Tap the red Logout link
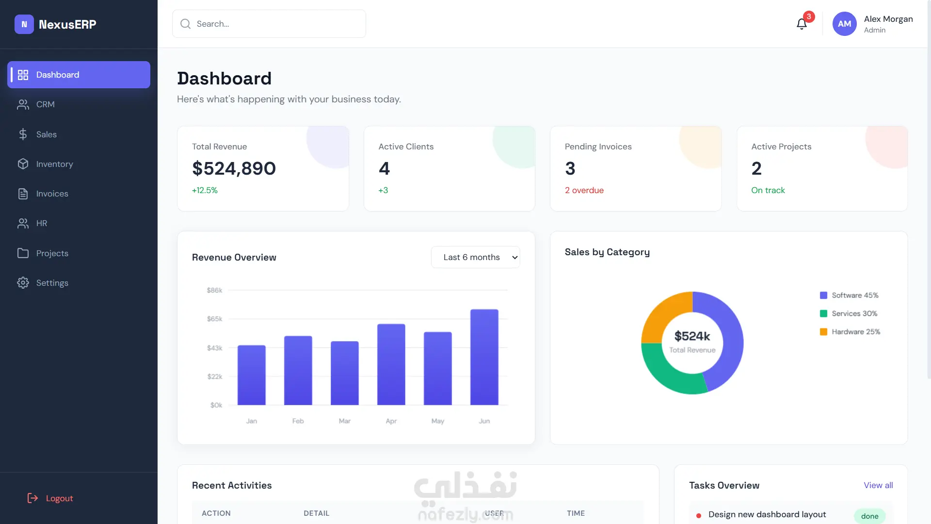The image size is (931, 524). pyautogui.click(x=50, y=498)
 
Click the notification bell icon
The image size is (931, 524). pyautogui.click(x=802, y=24)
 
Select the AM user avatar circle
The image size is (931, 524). pyautogui.click(x=844, y=24)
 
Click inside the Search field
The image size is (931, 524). pyautogui.click(x=269, y=24)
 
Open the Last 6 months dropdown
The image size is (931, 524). pyautogui.click(x=475, y=257)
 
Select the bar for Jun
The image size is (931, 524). pyautogui.click(x=484, y=357)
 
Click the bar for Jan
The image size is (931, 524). pyautogui.click(x=251, y=375)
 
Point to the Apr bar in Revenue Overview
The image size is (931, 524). pyautogui.click(x=391, y=364)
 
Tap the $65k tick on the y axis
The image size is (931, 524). pyautogui.click(x=214, y=319)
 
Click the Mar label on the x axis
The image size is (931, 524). pyautogui.click(x=344, y=421)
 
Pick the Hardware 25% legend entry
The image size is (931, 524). pyautogui.click(x=850, y=332)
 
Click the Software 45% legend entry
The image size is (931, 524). pyautogui.click(x=849, y=295)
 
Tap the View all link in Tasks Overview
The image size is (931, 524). pyautogui.click(x=878, y=485)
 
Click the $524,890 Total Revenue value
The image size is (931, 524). pyautogui.click(x=234, y=168)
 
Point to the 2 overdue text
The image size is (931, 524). pyautogui.click(x=584, y=190)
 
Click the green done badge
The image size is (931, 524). pyautogui.click(x=869, y=516)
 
